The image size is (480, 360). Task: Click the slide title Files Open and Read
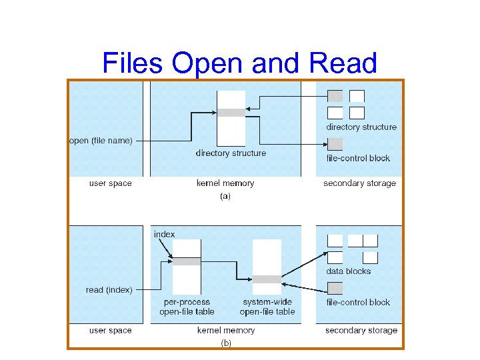click(240, 63)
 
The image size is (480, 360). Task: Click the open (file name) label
click(101, 140)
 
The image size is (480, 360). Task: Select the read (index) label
click(109, 290)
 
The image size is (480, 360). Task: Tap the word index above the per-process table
click(164, 234)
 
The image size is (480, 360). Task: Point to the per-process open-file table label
click(187, 307)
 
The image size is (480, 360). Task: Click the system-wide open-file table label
click(267, 307)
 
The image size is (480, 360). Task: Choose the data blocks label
click(348, 271)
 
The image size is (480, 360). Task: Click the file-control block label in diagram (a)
click(358, 158)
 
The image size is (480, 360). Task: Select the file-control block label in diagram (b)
click(358, 302)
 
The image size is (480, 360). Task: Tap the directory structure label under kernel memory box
click(231, 153)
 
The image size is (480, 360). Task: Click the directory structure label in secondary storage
click(361, 127)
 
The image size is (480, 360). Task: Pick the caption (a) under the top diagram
click(225, 197)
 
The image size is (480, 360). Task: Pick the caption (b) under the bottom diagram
click(225, 343)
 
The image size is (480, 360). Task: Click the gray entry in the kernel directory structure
click(231, 113)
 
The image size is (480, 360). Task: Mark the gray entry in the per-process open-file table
click(187, 261)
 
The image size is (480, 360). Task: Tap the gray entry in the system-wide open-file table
click(267, 279)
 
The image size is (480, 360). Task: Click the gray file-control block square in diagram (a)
click(335, 143)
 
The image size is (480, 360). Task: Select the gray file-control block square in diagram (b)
click(335, 288)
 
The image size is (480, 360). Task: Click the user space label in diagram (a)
click(111, 183)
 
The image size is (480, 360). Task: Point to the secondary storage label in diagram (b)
click(361, 330)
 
